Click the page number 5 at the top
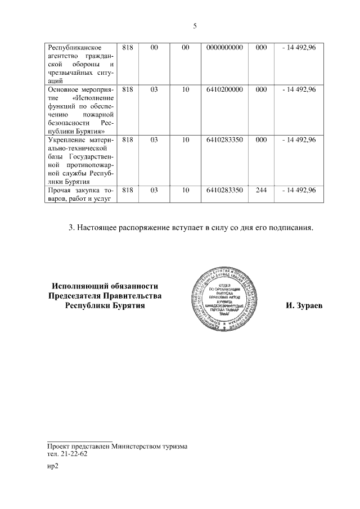195,26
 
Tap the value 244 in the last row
260,191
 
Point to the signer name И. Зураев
304,307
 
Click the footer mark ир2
53,466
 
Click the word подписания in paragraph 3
289,228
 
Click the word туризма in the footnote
173,447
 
